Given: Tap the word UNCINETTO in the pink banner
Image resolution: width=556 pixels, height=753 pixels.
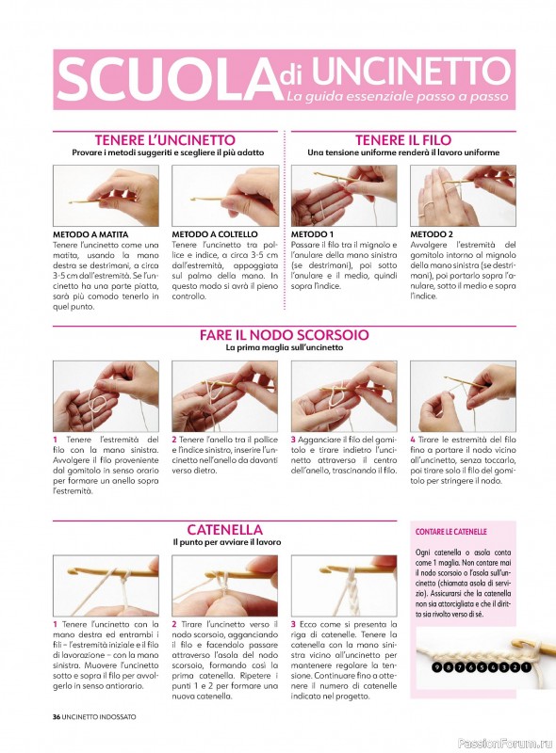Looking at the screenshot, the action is tap(411, 71).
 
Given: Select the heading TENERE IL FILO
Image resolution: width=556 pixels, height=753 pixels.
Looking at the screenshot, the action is tap(403, 140).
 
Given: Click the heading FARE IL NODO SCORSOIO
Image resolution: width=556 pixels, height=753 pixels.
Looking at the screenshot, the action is tap(285, 335).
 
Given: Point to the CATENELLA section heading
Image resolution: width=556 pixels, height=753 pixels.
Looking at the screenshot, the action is tap(224, 530).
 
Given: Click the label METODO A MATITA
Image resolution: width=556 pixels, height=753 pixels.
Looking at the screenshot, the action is tap(90, 234).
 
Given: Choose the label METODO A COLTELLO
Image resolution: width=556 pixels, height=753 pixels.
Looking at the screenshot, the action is tap(215, 234).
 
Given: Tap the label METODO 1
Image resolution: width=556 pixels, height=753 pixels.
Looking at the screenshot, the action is tap(312, 234).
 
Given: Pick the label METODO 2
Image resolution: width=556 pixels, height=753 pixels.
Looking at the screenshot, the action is tap(432, 234).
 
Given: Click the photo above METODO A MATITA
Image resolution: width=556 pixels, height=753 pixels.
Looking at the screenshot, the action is tap(106, 196).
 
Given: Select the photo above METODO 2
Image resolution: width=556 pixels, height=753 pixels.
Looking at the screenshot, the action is tap(463, 196).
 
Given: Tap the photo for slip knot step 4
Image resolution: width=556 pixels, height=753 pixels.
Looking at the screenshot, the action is tap(463, 396).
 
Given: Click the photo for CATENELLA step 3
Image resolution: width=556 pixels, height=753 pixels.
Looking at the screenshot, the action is tap(344, 585).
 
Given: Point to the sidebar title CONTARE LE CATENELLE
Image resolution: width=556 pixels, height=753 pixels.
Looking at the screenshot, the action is tap(451, 532).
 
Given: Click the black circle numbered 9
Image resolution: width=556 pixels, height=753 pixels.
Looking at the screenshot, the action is tap(435, 667).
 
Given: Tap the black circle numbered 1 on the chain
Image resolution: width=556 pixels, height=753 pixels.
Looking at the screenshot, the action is tap(526, 667).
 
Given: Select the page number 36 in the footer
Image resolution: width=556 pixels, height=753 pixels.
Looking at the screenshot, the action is tap(57, 717).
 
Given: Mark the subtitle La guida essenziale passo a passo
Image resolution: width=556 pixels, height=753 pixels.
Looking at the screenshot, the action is tap(398, 96).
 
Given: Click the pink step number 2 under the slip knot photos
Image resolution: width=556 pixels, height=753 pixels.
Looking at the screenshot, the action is tap(174, 440).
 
